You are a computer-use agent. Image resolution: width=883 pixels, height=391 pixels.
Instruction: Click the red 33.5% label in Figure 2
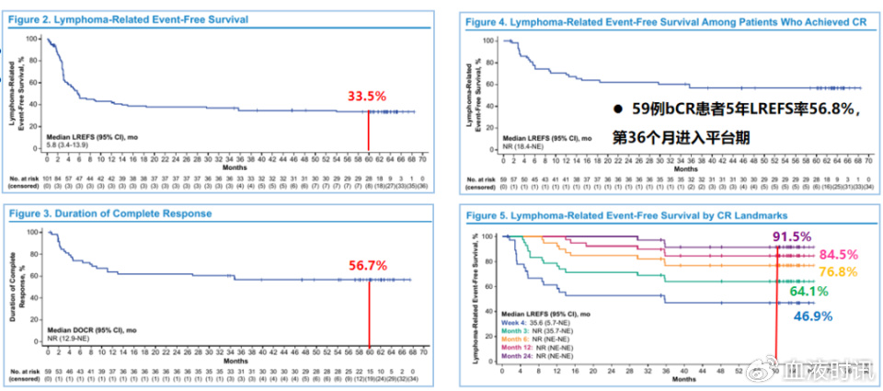click(x=366, y=96)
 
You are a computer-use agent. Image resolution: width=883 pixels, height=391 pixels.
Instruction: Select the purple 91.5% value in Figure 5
click(x=793, y=236)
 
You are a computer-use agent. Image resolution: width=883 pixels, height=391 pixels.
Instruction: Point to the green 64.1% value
click(x=808, y=292)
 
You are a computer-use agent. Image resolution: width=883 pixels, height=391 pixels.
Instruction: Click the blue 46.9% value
click(x=814, y=315)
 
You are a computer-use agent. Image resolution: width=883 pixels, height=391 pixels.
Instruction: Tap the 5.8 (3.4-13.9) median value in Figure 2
click(x=70, y=144)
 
